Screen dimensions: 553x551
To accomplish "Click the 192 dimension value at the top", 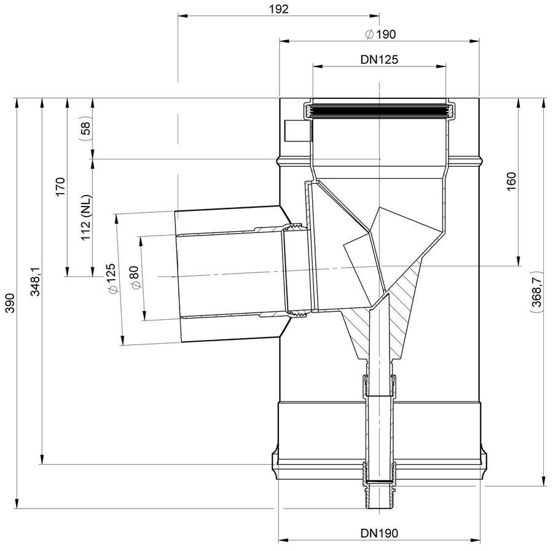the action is (278, 9).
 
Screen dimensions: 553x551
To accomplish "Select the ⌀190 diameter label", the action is (380, 34).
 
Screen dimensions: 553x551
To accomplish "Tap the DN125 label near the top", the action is (379, 59).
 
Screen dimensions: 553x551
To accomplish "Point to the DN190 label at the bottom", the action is (379, 533).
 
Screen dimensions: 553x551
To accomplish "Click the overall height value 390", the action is (10, 303).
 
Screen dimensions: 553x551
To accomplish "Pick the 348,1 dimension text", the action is (35, 281).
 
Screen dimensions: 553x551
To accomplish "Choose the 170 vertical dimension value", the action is (60, 187).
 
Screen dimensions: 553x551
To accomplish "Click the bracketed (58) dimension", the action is (85, 129).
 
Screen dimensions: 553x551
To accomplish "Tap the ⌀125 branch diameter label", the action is (111, 279).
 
